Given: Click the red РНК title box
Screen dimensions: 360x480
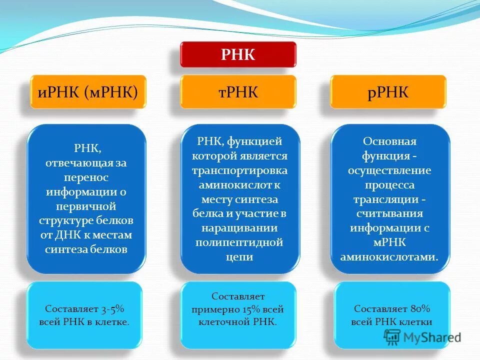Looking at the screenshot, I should (238, 54).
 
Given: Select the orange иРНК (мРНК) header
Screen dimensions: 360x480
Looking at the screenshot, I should (88, 92).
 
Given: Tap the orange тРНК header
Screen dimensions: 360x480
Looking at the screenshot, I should (238, 92).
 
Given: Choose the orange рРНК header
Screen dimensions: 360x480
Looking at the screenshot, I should (388, 92).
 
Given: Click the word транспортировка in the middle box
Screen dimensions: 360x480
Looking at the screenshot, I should (239, 170).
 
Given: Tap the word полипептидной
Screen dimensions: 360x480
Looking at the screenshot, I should (239, 242).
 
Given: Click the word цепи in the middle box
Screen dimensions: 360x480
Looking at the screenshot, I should (239, 257).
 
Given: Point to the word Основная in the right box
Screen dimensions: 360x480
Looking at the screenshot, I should (389, 141).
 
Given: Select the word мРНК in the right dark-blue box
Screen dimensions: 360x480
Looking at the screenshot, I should (389, 242).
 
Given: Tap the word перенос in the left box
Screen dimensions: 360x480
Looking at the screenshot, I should (86, 177).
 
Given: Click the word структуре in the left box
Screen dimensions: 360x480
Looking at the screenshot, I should (64, 220).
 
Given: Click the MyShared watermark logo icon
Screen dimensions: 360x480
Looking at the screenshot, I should (393, 336).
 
